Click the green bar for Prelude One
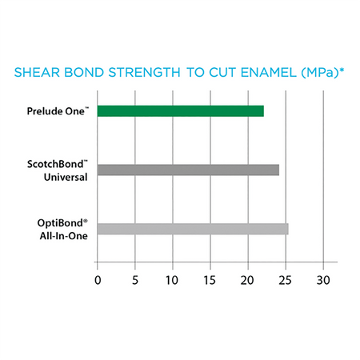point(180,111)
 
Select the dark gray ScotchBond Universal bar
point(188,170)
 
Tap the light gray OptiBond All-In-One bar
point(192,229)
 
